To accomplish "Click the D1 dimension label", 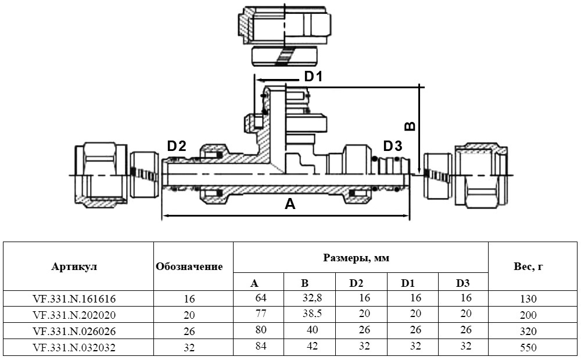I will point(313,77).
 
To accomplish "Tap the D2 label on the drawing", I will point(177,146).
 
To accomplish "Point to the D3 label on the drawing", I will point(392,145).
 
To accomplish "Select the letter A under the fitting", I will point(289,204).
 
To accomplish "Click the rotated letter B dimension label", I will point(410,126).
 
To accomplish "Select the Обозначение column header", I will point(189,267).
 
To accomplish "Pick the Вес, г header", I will point(528,267).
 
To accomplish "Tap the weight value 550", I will point(529,348).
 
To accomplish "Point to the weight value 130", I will point(529,300).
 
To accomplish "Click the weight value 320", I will point(529,332).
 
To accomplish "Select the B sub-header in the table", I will point(304,283).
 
